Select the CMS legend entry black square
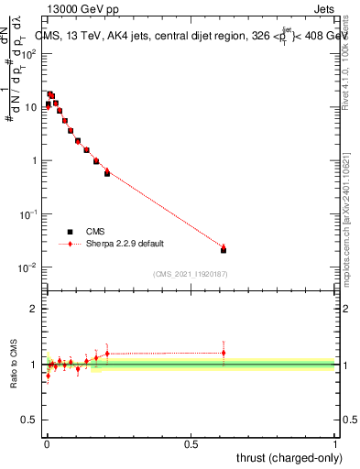(x=70, y=232)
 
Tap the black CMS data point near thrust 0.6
(x=224, y=250)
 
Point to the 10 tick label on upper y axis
(x=30, y=107)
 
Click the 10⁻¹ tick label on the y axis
(x=27, y=214)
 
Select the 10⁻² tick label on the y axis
(x=27, y=267)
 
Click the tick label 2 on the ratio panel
(x=34, y=309)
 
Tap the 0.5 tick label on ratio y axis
(x=29, y=420)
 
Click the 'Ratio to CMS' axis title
(x=14, y=365)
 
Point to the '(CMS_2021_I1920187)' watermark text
(x=190, y=273)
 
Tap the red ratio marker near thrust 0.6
(x=224, y=353)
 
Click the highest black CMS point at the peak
(x=50, y=94)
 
